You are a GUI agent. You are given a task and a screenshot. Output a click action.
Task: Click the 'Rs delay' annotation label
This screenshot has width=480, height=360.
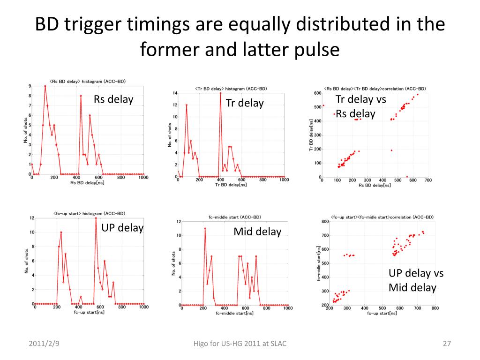pyautogui.click(x=113, y=99)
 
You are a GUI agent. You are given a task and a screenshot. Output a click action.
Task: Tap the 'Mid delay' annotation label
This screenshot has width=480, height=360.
pyautogui.click(x=257, y=232)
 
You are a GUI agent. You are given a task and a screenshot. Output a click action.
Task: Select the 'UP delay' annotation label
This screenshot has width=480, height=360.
pyautogui.click(x=122, y=228)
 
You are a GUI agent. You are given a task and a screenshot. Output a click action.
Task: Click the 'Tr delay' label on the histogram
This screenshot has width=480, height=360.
pyautogui.click(x=245, y=103)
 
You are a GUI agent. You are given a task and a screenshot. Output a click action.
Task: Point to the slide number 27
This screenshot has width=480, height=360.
pyautogui.click(x=446, y=344)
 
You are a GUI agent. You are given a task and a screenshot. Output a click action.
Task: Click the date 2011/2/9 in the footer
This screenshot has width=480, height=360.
pyautogui.click(x=44, y=344)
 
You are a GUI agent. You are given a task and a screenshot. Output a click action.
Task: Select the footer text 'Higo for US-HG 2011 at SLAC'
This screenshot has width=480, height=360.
pyautogui.click(x=240, y=344)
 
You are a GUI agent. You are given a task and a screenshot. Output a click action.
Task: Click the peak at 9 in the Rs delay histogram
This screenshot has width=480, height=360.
pyautogui.click(x=45, y=86)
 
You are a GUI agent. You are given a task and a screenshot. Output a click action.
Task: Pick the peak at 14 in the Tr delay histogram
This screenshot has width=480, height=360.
pyautogui.click(x=220, y=93)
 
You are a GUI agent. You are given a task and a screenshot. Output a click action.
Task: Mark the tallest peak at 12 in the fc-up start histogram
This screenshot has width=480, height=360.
pyautogui.click(x=96, y=218)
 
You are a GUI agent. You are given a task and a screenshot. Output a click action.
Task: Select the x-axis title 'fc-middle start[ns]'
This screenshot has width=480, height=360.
pyautogui.click(x=234, y=313)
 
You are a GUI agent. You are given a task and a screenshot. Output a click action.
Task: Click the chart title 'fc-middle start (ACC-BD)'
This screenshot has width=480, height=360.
pyautogui.click(x=235, y=217)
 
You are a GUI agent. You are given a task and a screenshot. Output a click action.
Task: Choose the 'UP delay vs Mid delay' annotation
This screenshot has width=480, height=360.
pyautogui.click(x=416, y=280)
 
